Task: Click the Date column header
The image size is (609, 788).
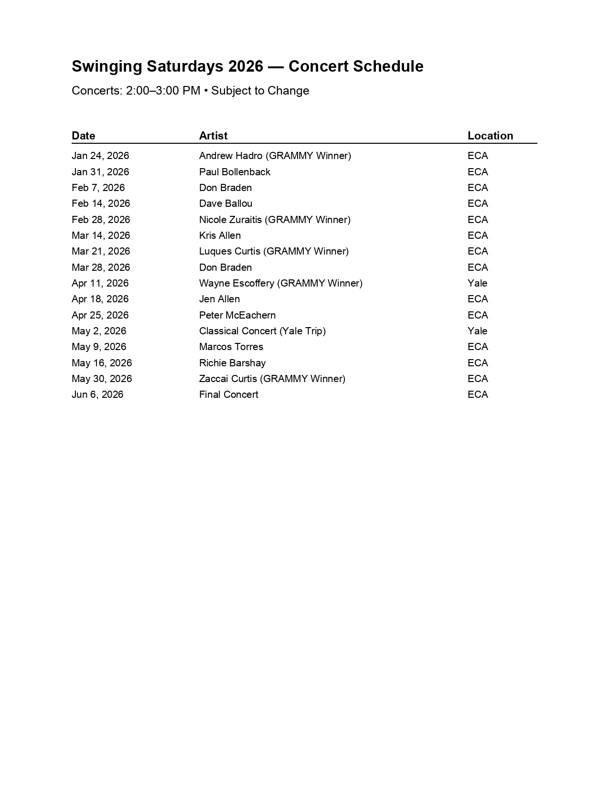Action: (84, 136)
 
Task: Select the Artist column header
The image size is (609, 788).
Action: (213, 136)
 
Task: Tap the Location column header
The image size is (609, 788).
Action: (490, 136)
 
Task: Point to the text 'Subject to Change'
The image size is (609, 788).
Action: (260, 91)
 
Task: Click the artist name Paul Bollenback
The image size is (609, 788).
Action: (235, 172)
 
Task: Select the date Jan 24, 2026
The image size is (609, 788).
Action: (100, 156)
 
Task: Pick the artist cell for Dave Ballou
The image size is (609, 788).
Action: (225, 203)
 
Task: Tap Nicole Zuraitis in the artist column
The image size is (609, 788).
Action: (231, 220)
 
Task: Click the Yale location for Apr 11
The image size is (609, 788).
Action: (477, 283)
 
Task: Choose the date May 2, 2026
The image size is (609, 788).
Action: (99, 331)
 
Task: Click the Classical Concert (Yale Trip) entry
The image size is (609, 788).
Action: (262, 331)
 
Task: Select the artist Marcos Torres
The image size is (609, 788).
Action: (231, 347)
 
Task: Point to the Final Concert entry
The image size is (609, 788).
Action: (229, 394)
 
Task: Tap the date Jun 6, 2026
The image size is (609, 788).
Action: (97, 394)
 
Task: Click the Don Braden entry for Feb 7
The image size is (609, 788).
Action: (225, 188)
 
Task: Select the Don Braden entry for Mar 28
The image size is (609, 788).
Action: (225, 267)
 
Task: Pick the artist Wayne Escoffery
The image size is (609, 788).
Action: (237, 283)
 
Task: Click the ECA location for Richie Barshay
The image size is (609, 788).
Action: (478, 363)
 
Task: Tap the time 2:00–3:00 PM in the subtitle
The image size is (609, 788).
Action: (163, 91)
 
